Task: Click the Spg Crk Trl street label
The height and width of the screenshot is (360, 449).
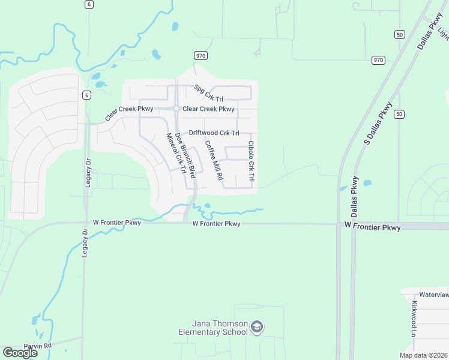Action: coord(208,92)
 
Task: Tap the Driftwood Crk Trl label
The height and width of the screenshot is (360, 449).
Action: coord(214,133)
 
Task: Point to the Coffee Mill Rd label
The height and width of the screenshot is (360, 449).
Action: coord(214,160)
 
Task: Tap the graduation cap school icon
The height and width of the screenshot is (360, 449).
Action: coord(257,327)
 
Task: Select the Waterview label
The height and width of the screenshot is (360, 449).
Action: coord(433,295)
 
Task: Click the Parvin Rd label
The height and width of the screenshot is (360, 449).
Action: coord(38,346)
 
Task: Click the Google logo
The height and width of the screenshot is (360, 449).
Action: coord(20,352)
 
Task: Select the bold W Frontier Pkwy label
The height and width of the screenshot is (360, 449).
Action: coord(372,227)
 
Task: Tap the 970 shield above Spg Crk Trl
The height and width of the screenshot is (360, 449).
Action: coord(200,55)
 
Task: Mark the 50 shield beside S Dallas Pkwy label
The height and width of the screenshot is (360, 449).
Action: coord(400,114)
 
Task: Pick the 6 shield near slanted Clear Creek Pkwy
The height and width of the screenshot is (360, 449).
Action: coord(86,95)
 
